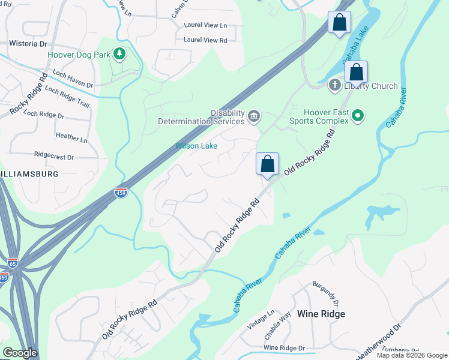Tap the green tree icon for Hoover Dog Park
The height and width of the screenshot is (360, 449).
point(119,55)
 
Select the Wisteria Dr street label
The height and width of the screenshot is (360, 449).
point(28,44)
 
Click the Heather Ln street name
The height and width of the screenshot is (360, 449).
point(71,136)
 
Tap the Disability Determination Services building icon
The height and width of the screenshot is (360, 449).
point(254,115)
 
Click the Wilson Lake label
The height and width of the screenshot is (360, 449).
point(196,146)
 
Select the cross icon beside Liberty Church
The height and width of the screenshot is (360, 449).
point(334,86)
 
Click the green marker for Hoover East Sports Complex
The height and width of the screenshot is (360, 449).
point(358,115)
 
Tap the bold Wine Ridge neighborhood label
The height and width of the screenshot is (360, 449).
point(321,314)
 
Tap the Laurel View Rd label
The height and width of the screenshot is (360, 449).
point(205,40)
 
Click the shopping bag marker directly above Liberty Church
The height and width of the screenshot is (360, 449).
point(356,73)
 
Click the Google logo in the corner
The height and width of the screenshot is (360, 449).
point(20,353)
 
